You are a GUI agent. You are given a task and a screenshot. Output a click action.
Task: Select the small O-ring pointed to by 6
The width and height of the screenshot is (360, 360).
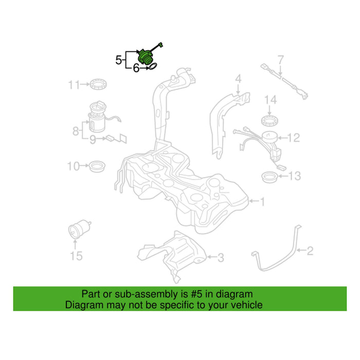153,66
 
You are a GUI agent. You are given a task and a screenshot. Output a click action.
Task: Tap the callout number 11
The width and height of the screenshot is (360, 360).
74,85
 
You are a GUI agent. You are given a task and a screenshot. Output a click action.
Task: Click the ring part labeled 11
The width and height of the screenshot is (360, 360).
98,84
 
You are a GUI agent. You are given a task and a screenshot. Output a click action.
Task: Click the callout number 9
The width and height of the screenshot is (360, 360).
93,139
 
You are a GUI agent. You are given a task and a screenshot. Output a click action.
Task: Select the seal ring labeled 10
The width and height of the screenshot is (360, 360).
97,166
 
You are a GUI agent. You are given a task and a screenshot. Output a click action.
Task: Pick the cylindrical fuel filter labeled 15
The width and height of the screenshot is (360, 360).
79,229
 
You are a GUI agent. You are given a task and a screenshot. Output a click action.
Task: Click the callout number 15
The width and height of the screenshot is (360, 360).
76,256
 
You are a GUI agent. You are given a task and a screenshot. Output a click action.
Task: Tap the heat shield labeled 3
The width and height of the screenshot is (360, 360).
171,256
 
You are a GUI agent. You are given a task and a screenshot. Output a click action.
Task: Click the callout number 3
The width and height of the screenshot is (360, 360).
221,258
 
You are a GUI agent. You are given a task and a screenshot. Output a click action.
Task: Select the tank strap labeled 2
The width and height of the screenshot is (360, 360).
276,248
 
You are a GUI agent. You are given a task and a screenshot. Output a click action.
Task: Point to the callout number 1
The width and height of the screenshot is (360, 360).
262,202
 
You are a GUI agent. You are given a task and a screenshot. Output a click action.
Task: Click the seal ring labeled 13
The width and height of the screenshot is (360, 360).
270,177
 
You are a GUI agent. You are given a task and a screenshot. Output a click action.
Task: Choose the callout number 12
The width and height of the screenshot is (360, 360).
294,137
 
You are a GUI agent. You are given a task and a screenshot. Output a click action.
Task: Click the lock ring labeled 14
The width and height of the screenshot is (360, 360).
270,121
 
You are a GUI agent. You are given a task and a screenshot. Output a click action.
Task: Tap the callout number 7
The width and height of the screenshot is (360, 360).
281,60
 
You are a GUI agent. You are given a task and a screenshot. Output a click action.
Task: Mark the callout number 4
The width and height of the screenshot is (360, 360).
239,79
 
